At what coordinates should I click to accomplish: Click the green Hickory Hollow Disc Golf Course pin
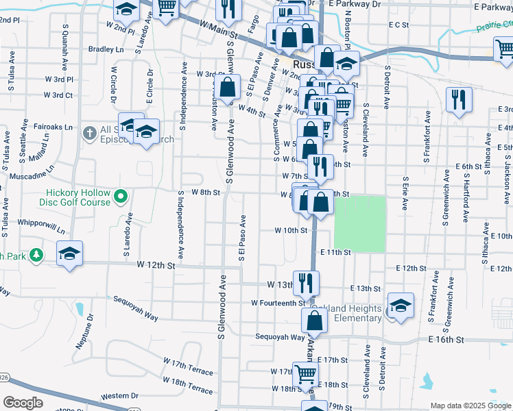click(121, 197)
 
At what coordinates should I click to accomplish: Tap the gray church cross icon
click(89, 133)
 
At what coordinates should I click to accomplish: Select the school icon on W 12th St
click(69, 253)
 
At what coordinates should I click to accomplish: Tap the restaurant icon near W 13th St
click(306, 282)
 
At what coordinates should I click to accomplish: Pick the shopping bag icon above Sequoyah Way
click(314, 319)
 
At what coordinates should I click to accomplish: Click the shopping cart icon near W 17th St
click(306, 373)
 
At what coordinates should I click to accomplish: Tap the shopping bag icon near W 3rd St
click(228, 86)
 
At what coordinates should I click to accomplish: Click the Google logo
click(23, 403)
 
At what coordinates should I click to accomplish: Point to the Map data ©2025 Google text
click(470, 406)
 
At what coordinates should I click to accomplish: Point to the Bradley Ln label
click(106, 49)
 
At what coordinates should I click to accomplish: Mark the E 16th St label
click(446, 340)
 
